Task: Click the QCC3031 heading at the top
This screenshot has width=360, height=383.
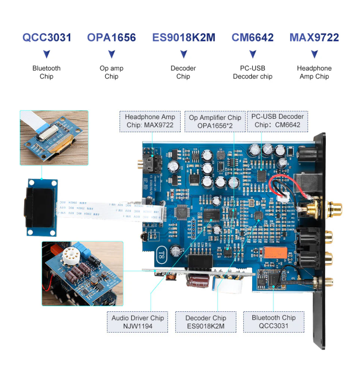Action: tap(47, 38)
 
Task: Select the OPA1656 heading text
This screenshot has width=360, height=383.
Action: tap(112, 38)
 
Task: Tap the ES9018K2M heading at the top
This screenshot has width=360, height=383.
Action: tap(184, 38)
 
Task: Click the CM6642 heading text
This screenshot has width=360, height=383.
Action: tap(253, 38)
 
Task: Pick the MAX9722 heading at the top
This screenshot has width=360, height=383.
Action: tap(314, 38)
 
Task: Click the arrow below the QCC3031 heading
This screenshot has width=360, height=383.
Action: tap(47, 54)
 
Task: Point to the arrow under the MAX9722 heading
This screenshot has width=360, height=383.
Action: tap(314, 54)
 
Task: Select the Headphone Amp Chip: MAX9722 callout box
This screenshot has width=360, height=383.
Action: tap(150, 121)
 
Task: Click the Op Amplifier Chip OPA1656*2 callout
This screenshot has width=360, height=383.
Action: tap(215, 121)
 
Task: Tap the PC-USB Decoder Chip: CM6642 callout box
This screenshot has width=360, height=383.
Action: tap(278, 121)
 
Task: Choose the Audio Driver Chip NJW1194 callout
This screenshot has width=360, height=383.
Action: tap(138, 322)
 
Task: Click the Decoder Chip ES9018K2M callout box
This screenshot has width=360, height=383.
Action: tap(206, 322)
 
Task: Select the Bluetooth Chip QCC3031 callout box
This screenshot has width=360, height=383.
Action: tap(274, 322)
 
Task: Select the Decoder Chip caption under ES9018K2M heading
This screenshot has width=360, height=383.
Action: tap(183, 72)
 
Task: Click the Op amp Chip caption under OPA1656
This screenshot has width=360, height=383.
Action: tap(112, 72)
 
